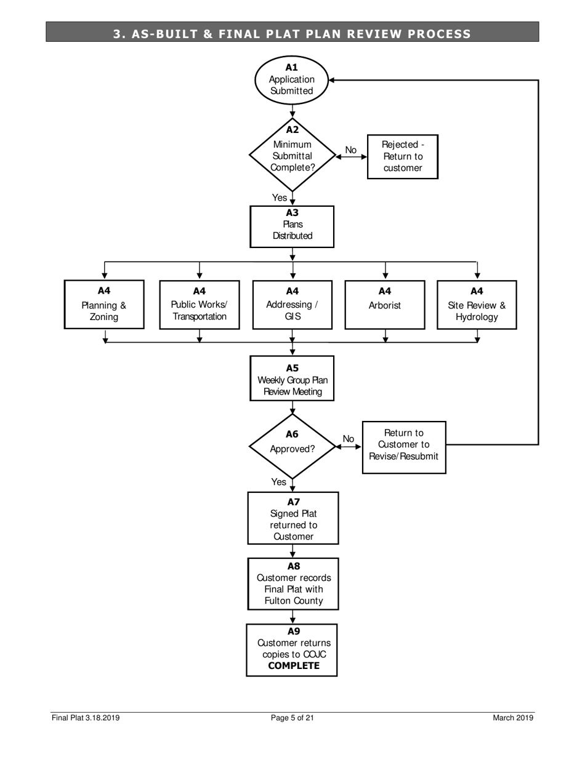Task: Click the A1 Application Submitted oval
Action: pos(291,79)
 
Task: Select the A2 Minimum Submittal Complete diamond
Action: pos(292,155)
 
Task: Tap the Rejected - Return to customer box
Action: pos(402,156)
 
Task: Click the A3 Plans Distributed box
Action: pos(292,226)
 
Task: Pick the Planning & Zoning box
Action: pos(104,305)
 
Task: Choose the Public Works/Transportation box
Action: pos(199,305)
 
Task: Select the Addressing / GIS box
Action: pos(292,305)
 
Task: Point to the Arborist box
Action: pos(384,305)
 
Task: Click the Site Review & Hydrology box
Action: pos(477,305)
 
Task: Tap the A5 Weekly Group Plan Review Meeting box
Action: pos(292,378)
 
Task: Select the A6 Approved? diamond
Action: pos(292,445)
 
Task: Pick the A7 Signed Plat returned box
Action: pos(293,518)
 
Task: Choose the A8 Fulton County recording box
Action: pos(293,583)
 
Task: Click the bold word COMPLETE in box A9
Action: pos(294,666)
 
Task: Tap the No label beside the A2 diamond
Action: pos(350,150)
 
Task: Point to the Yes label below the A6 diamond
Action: pos(278,482)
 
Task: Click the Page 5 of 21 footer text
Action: pos(292,718)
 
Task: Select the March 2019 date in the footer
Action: pos(512,718)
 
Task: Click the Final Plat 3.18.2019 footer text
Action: pos(86,718)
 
